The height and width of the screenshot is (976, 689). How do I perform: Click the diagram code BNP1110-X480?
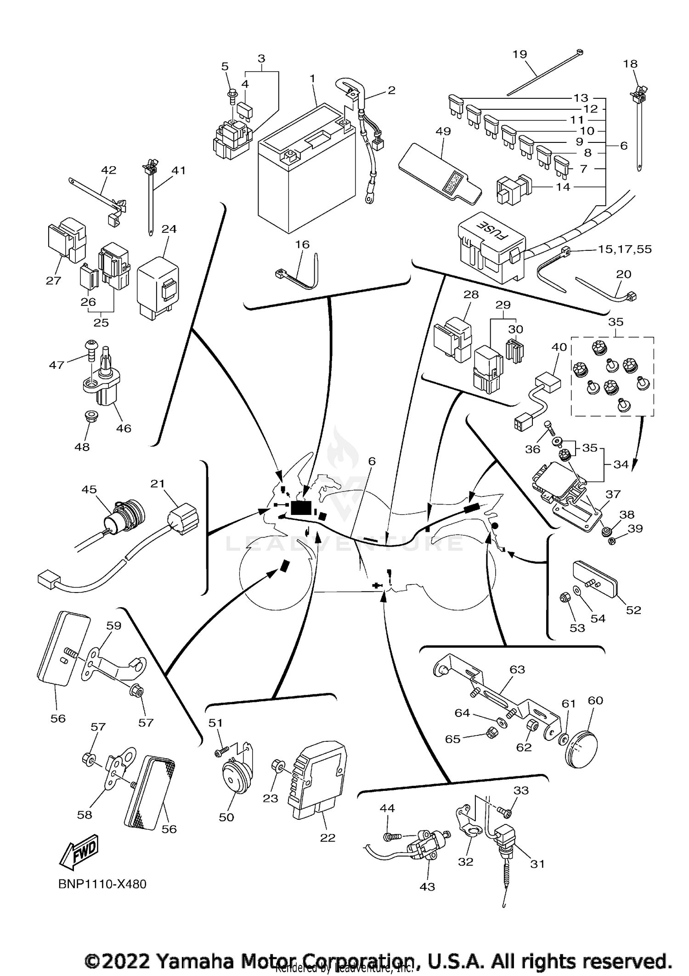coord(102,884)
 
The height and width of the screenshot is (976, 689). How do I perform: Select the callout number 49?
coord(443,131)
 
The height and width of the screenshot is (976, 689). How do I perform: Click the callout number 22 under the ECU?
coord(328,837)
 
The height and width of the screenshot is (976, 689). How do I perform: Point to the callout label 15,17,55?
coord(625,249)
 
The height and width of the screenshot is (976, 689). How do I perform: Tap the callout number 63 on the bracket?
coord(517,669)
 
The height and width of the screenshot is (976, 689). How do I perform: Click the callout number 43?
coord(427,886)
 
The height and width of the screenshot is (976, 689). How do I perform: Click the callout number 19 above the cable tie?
coord(520,54)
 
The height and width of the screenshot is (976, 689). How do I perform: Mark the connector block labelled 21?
coord(184,519)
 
